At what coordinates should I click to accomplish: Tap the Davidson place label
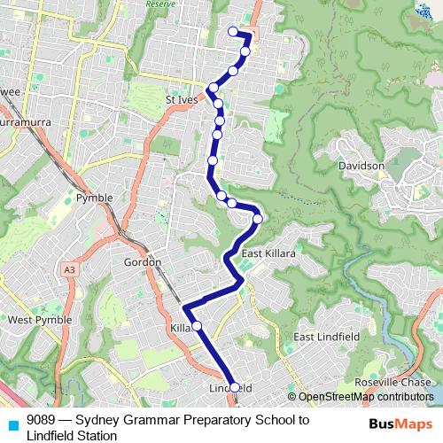tap(361, 166)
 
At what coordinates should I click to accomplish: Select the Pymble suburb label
tap(95, 198)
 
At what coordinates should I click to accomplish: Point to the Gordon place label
tap(142, 262)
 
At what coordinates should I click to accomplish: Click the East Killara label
tap(268, 253)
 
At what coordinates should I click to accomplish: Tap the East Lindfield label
tap(327, 337)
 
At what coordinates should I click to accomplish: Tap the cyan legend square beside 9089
tap(12, 423)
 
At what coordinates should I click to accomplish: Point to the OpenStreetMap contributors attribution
tap(361, 397)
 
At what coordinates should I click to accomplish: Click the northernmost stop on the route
tap(234, 32)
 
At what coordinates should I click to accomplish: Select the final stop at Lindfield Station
tap(235, 387)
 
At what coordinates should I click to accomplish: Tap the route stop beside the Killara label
tap(197, 326)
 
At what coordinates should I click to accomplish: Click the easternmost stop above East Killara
tap(258, 218)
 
